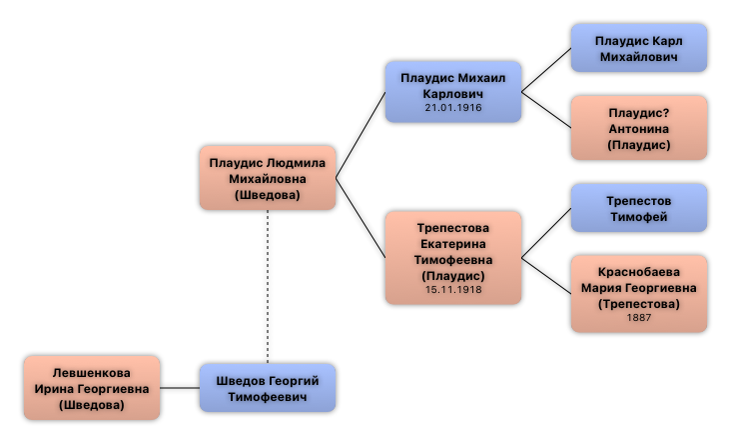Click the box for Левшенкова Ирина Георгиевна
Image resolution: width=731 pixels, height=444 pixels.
tap(91, 388)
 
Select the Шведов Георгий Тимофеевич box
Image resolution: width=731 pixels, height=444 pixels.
tap(267, 388)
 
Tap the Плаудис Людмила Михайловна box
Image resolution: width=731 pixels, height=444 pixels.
tap(267, 178)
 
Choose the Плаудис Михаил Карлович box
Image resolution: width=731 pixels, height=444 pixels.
tap(453, 92)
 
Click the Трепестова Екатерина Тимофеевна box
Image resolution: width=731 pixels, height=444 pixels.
tap(453, 257)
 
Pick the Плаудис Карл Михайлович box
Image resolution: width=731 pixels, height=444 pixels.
tap(638, 48)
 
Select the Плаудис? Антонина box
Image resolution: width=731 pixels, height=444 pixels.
tap(638, 128)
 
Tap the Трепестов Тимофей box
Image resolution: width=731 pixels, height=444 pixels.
tap(638, 208)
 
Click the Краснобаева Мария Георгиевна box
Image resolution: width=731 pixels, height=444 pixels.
tap(638, 293)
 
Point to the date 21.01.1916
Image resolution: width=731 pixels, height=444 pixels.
tap(453, 107)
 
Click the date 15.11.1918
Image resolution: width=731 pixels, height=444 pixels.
tap(453, 290)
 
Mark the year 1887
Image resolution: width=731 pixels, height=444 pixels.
tap(638, 318)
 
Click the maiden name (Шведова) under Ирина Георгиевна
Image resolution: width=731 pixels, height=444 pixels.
tap(91, 405)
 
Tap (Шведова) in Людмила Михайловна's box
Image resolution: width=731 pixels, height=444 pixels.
tap(267, 195)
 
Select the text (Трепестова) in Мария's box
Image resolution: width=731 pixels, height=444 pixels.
tap(638, 303)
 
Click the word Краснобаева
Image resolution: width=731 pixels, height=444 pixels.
tap(638, 272)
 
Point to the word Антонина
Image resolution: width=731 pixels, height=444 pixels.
tap(638, 129)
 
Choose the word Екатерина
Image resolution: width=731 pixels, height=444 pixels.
tap(453, 244)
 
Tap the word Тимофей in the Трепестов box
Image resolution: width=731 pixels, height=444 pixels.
tap(638, 217)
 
